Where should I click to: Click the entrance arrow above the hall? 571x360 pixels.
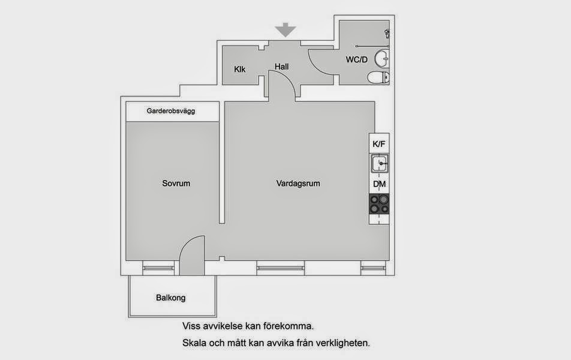click(x=285, y=30)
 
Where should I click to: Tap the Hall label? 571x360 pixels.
click(x=281, y=67)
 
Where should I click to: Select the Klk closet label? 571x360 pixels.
click(x=240, y=69)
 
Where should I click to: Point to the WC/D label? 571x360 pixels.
click(x=356, y=59)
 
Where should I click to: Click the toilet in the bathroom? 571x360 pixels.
click(x=378, y=77)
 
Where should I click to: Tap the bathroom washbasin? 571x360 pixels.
click(x=381, y=58)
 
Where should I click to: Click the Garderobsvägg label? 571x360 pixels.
click(x=171, y=111)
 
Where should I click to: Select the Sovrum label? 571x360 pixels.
click(x=176, y=183)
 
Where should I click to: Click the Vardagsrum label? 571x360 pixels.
click(x=298, y=183)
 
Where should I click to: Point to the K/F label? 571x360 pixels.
click(x=378, y=144)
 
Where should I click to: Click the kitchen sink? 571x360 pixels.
click(x=380, y=163)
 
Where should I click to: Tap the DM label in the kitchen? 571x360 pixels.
click(x=379, y=184)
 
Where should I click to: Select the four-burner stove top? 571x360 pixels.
click(x=379, y=204)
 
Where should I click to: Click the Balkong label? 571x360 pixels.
click(x=170, y=298)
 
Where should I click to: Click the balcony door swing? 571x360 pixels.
click(x=191, y=255)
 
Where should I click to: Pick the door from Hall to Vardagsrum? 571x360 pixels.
click(x=282, y=84)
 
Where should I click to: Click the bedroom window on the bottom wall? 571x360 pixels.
click(x=158, y=268)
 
